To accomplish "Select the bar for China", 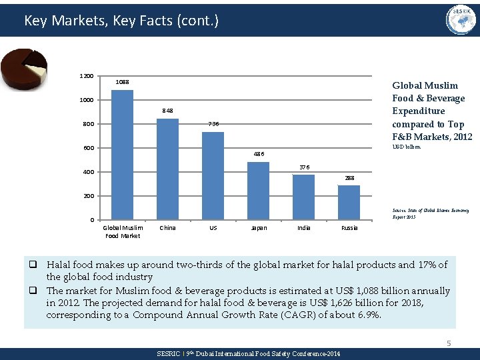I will pos(167,169).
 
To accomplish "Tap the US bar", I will pos(213,176).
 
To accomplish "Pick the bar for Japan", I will pos(258,191).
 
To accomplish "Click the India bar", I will pos(303,197).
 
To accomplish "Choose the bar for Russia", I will pos(349,203).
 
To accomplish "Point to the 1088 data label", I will pos(122,82).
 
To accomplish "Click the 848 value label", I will pos(167,111).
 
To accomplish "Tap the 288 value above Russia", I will pos(349,178).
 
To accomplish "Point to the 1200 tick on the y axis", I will pos(87,76).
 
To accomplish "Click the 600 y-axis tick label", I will pos(88,148).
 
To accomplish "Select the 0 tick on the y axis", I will pos(91,221).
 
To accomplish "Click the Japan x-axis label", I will pos(258,228).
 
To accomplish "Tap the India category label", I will pos(303,228).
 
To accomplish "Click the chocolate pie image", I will pos(24,69).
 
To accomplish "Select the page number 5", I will pos(449,343).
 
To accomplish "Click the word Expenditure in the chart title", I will pos(418,111).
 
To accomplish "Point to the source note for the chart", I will pos(430,213).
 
